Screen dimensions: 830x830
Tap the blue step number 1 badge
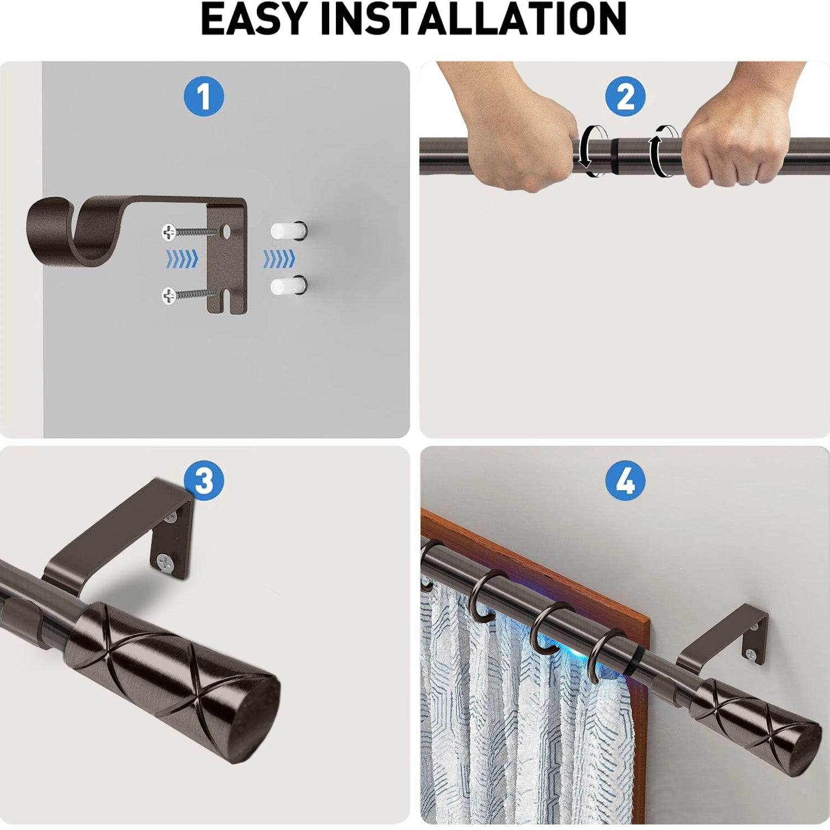pos(204,96)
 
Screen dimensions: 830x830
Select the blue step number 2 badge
pos(625,96)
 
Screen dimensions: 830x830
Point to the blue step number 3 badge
pos(204,480)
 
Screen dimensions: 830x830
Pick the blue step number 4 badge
pos(625,480)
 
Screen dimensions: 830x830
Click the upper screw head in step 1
pos(169,232)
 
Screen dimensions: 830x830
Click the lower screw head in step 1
pos(169,295)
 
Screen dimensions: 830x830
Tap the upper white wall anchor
pos(287,231)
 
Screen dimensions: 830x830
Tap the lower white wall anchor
pos(287,286)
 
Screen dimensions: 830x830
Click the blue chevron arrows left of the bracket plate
pos(182,258)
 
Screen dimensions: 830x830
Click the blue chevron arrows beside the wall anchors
pos(279,258)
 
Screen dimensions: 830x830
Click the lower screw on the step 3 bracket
pos(164,563)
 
